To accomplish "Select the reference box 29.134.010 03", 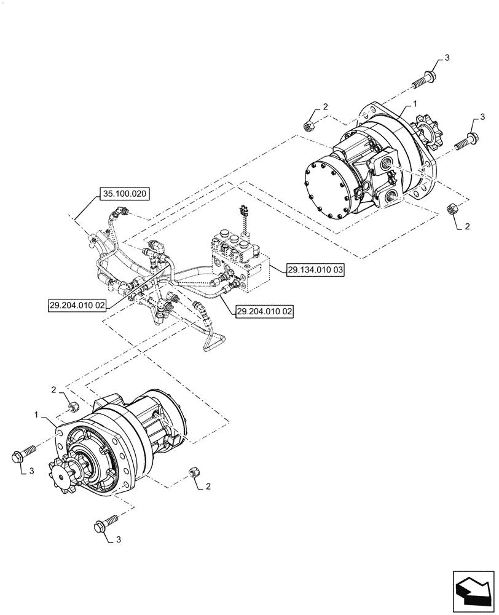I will [314, 269].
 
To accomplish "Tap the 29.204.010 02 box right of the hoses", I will [264, 312].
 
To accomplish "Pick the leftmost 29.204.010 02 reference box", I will [79, 304].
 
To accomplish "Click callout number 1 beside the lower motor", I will [37, 416].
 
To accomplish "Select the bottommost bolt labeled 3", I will [105, 526].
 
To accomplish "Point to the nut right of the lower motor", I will [192, 472].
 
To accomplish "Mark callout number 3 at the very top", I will [447, 58].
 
